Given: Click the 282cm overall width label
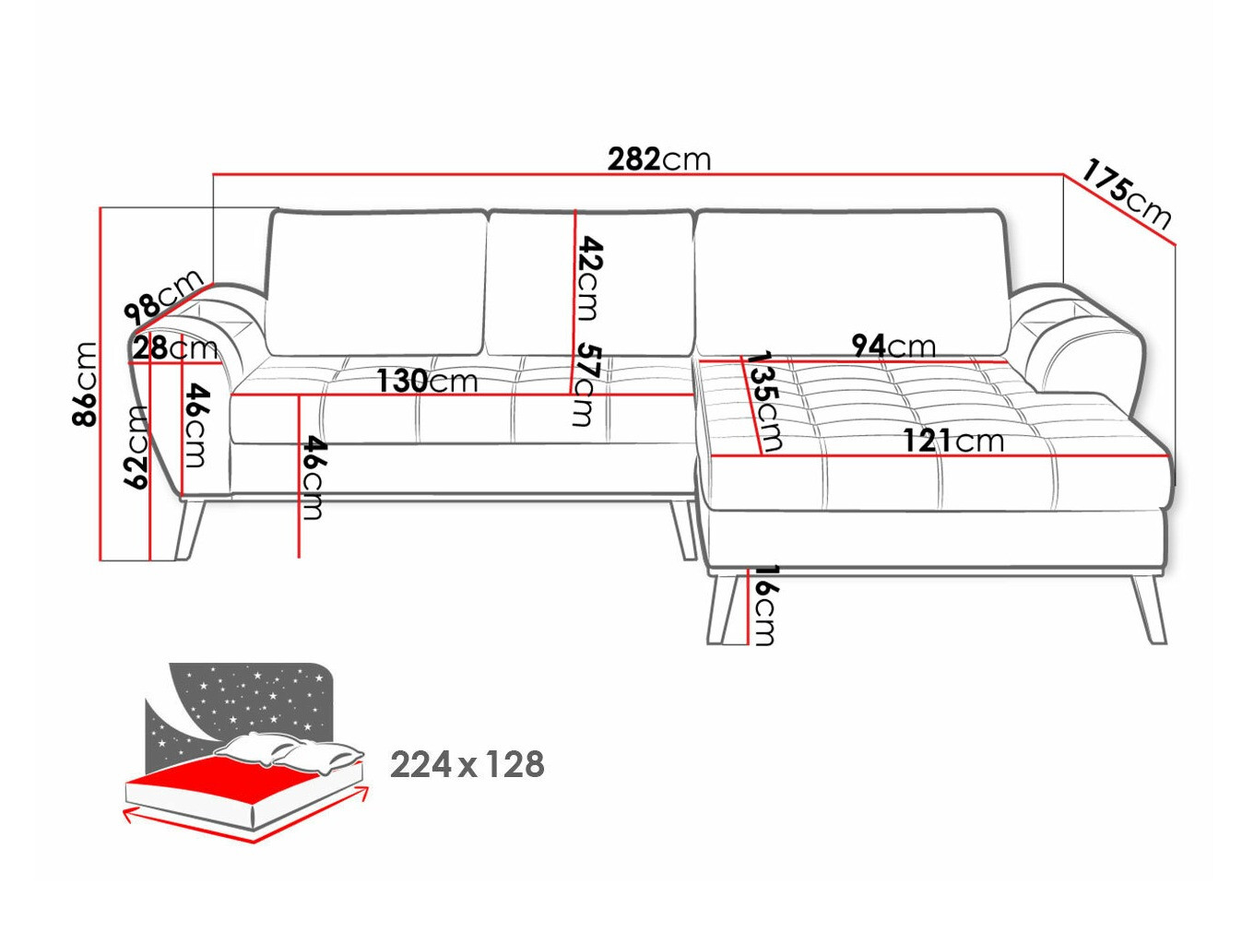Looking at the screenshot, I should [659, 159].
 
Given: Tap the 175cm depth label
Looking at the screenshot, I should [1126, 194].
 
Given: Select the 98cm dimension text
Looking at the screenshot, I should [164, 294].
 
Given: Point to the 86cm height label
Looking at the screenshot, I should [85, 383].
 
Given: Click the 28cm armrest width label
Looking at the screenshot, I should [174, 348].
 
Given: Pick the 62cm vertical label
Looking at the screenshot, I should [136, 447].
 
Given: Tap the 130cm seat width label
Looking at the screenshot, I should [426, 380].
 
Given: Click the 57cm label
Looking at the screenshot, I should [585, 384].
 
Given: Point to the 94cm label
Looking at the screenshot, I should [893, 346].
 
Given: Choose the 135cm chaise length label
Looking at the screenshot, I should [763, 401].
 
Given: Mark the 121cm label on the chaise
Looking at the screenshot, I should [952, 441].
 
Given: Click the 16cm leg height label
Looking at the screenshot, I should [764, 605].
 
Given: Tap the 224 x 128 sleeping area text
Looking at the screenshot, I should [467, 764].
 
